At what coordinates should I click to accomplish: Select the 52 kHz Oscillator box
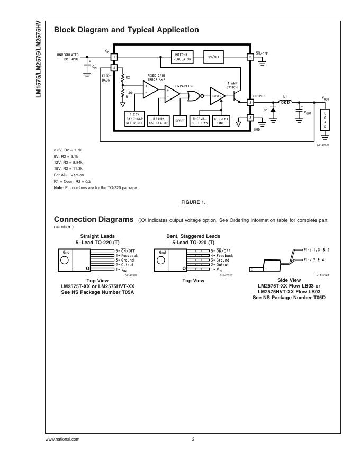tap(158, 120)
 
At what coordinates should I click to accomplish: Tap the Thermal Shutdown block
tap(200, 120)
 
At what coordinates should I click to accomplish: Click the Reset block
tap(180, 120)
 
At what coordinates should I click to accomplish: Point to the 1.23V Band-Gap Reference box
tap(134, 119)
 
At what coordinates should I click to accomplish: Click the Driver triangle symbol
tap(217, 96)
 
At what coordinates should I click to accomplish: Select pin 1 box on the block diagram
tap(114, 57)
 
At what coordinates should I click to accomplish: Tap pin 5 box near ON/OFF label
tap(250, 57)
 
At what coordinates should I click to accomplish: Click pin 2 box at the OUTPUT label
tap(250, 102)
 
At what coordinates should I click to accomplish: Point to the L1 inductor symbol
tap(285, 102)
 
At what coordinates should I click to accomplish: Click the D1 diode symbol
tap(273, 111)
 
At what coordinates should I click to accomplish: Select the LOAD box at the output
tap(326, 120)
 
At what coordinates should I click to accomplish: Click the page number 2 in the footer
tap(193, 439)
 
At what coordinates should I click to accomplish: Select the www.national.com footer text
tap(62, 439)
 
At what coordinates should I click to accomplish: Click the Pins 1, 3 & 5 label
tap(318, 249)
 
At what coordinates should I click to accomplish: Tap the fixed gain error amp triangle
tap(150, 89)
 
